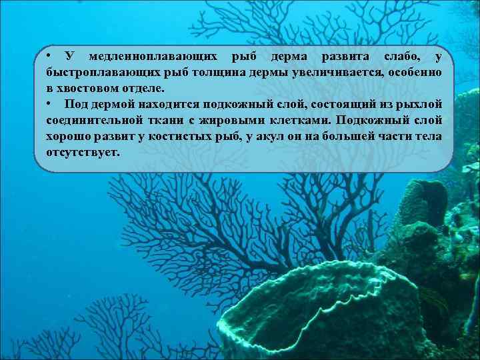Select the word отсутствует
(x=83, y=152)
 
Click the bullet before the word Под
(x=49, y=104)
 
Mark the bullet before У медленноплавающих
(x=49, y=55)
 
